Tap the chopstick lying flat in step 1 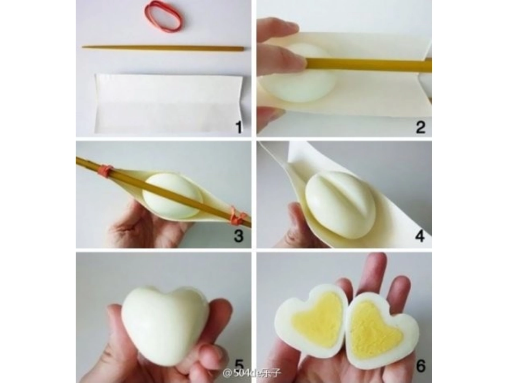tap(163, 48)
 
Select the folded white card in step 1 tap(169, 104)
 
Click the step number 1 tap(239, 127)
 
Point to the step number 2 tap(420, 127)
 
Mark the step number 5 tap(239, 365)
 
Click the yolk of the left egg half tap(319, 320)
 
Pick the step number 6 tap(420, 366)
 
